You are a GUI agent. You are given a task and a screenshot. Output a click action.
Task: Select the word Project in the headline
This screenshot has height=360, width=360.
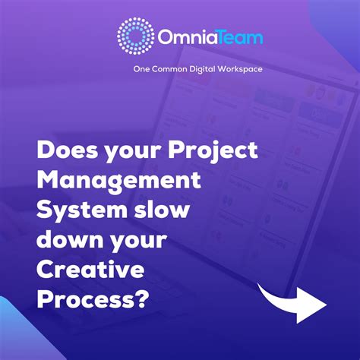216,151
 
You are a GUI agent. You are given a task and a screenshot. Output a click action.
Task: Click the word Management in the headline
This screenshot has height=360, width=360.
118,182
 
